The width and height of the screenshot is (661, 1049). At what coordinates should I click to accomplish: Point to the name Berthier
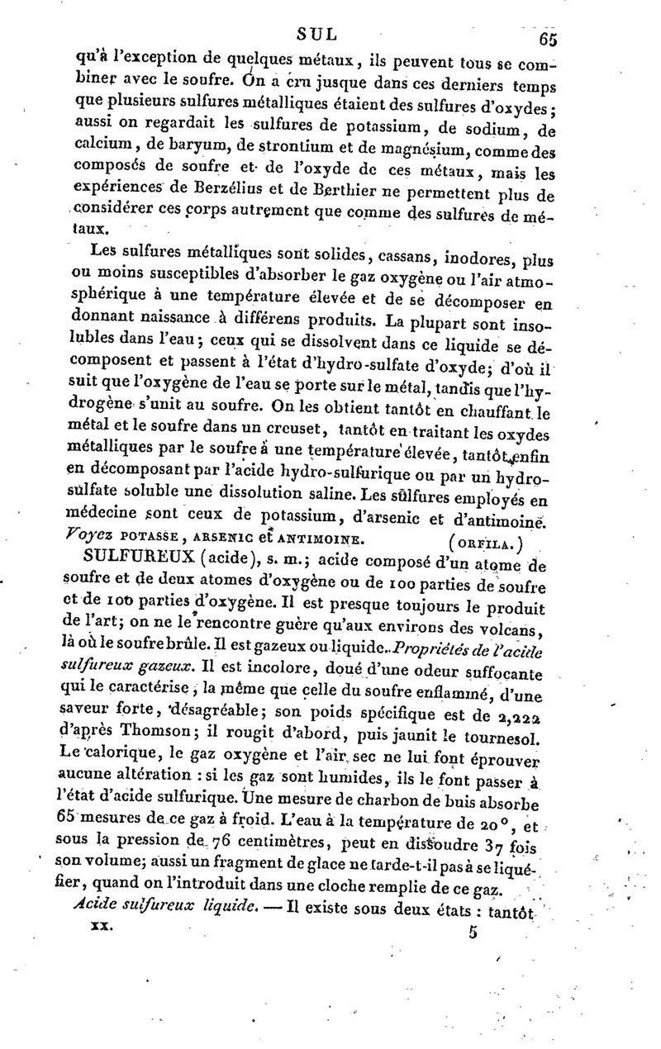coord(353,194)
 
